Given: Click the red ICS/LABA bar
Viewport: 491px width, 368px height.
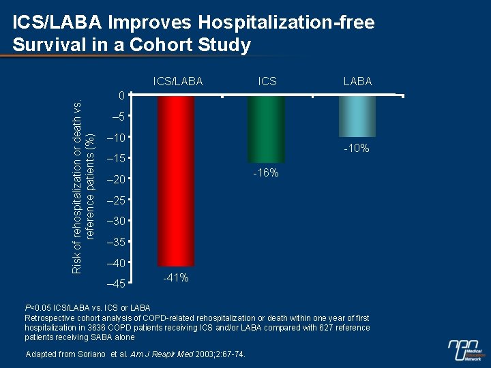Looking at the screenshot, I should [176, 181].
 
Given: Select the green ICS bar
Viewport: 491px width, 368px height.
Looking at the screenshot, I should [266, 129].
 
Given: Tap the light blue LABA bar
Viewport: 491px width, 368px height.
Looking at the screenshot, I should [357, 117].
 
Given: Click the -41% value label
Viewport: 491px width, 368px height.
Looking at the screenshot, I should [176, 277].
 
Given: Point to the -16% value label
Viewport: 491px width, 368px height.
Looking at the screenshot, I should [265, 173].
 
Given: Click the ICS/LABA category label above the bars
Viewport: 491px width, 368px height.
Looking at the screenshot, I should [178, 81].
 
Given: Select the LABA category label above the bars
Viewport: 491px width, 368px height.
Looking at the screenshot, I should [357, 81].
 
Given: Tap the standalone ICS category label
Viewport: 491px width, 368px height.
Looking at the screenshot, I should [267, 81].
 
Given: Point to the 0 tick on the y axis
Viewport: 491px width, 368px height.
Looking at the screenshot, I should [121, 96].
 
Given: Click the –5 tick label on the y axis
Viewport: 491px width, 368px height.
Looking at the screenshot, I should [118, 117].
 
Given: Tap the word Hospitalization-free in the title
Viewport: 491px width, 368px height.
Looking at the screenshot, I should [286, 22].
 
